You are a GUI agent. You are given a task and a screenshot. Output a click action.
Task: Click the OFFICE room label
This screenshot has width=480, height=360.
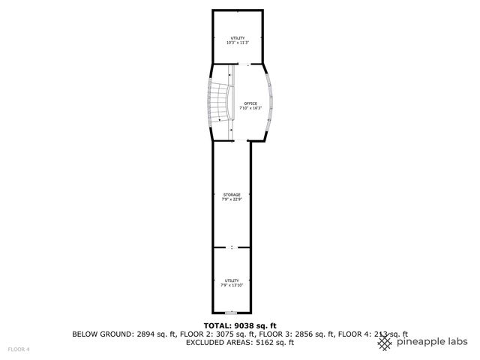pos(250,103)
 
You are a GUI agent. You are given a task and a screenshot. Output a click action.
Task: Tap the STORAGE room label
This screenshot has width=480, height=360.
pos(232,195)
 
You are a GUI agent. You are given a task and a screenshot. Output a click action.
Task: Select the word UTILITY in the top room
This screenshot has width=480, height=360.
pos(238,38)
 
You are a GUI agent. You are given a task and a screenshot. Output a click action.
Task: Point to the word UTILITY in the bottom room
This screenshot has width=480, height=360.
pos(232,280)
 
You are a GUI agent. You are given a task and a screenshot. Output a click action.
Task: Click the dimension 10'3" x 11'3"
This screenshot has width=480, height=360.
pos(238,43)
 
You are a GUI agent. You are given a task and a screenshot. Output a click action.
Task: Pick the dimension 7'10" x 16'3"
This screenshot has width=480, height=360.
pos(250,108)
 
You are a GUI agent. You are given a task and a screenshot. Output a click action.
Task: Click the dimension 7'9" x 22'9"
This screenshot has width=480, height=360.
pos(232,199)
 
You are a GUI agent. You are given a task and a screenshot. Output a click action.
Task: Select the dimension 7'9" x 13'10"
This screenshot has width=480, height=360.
pos(232,285)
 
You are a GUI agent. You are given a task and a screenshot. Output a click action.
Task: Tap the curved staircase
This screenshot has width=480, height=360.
pos(217,101)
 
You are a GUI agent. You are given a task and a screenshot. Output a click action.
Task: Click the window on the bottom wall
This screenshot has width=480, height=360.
pos(232,313)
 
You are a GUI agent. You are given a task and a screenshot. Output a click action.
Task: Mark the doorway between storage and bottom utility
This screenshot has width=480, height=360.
pos(232,247)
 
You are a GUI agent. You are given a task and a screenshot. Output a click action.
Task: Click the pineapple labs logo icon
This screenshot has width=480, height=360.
pos(385,342)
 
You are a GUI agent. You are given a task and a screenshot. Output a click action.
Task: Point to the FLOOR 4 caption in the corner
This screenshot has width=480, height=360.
pos(19,349)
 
